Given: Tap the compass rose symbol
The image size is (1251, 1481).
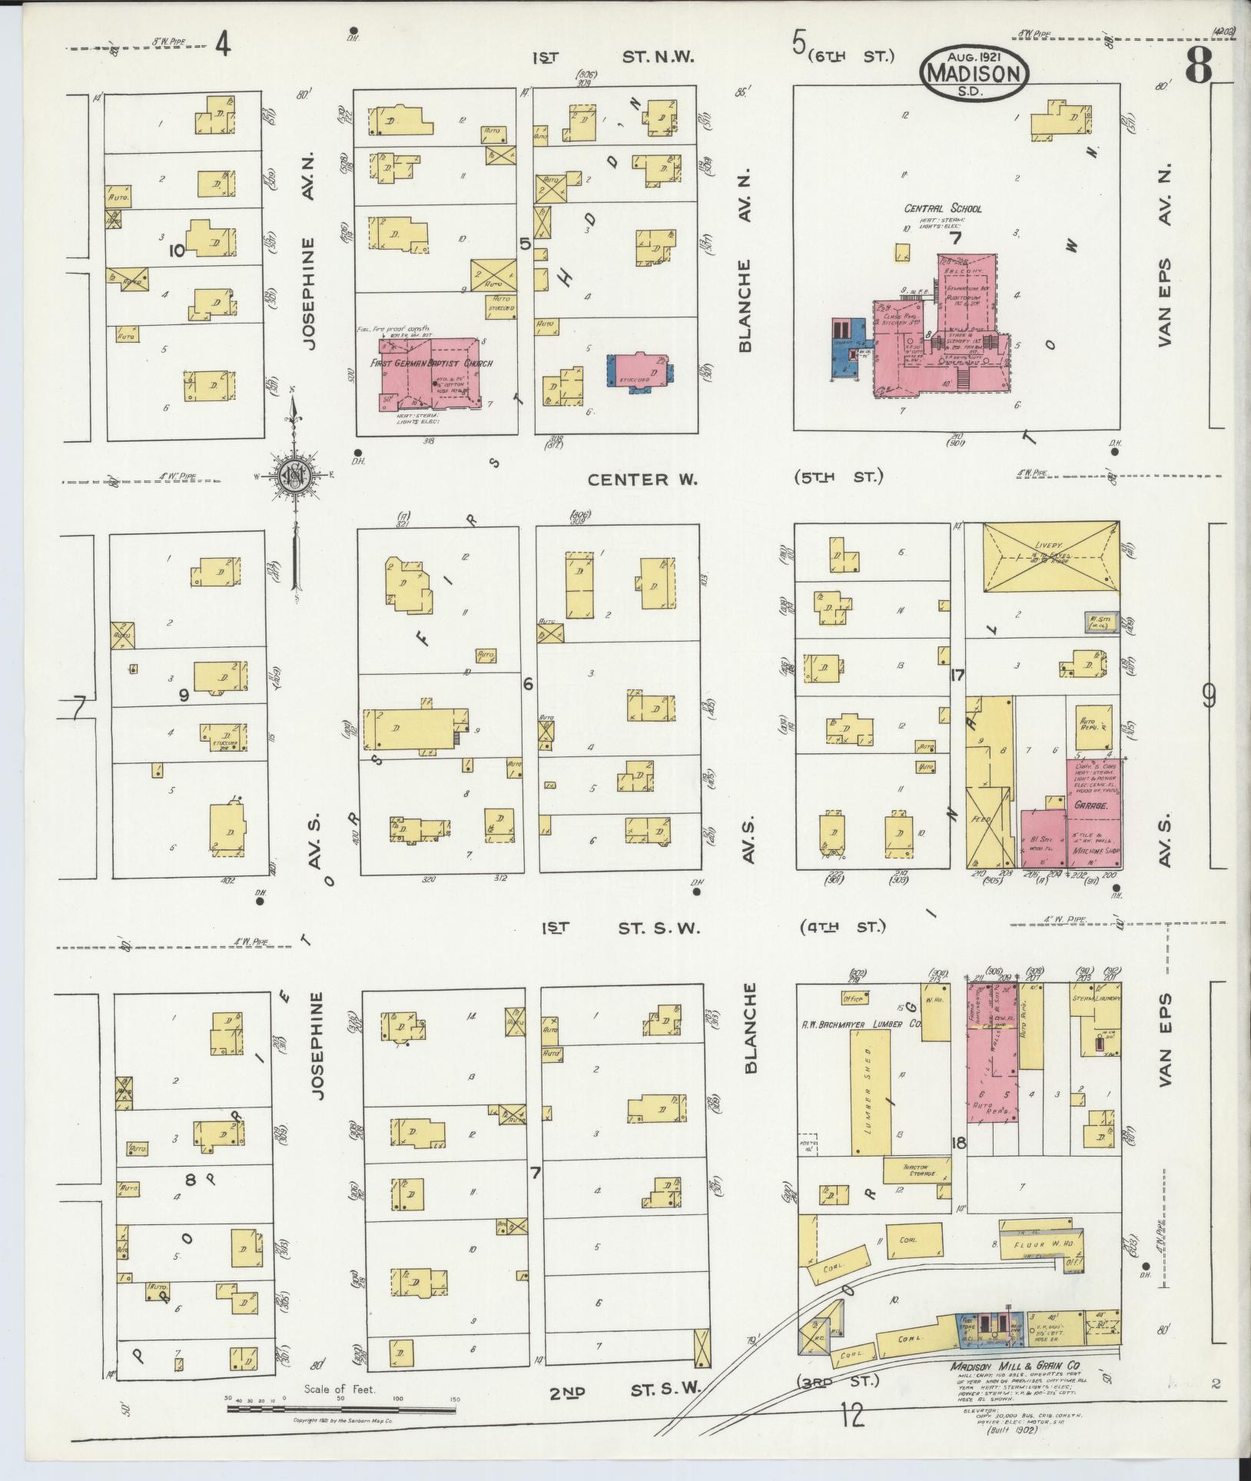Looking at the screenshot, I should tap(293, 477).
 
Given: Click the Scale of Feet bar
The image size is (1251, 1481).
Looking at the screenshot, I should tap(342, 1410).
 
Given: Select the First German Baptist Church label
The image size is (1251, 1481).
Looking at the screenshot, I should tap(431, 364).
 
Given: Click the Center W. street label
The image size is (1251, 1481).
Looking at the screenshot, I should tap(642, 480).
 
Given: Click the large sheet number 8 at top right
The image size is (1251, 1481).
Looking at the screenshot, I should tap(1198, 68).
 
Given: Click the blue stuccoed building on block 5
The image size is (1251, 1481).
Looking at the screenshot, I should tap(638, 373).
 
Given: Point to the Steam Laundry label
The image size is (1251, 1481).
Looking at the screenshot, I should tap(1095, 998).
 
